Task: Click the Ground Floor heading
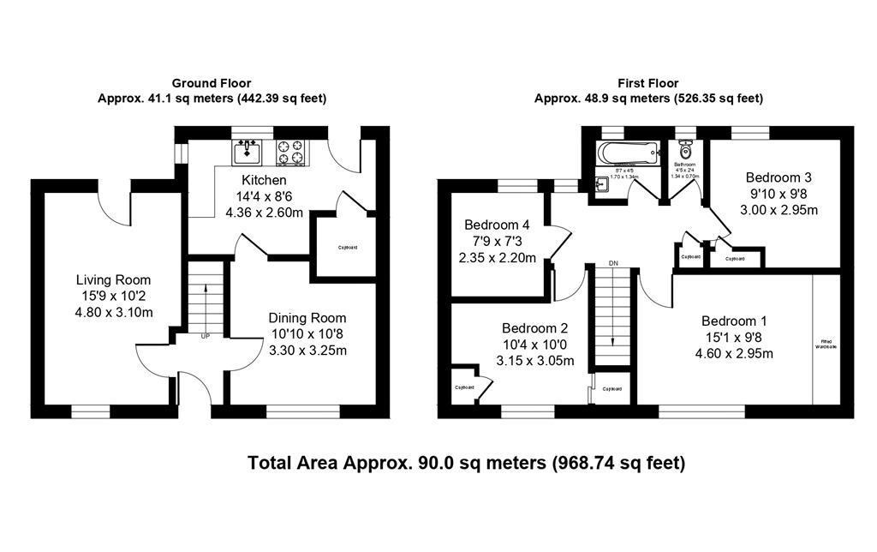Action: pos(212,83)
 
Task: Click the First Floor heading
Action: pos(647,83)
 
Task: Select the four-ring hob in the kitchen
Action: pos(291,153)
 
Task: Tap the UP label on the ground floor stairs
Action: pos(205,336)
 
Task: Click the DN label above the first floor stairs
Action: pos(613,263)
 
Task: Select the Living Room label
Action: pos(113,279)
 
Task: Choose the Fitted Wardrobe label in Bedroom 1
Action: pos(826,345)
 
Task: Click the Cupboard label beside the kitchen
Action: pos(347,248)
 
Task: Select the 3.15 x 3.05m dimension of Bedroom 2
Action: pos(534,360)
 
